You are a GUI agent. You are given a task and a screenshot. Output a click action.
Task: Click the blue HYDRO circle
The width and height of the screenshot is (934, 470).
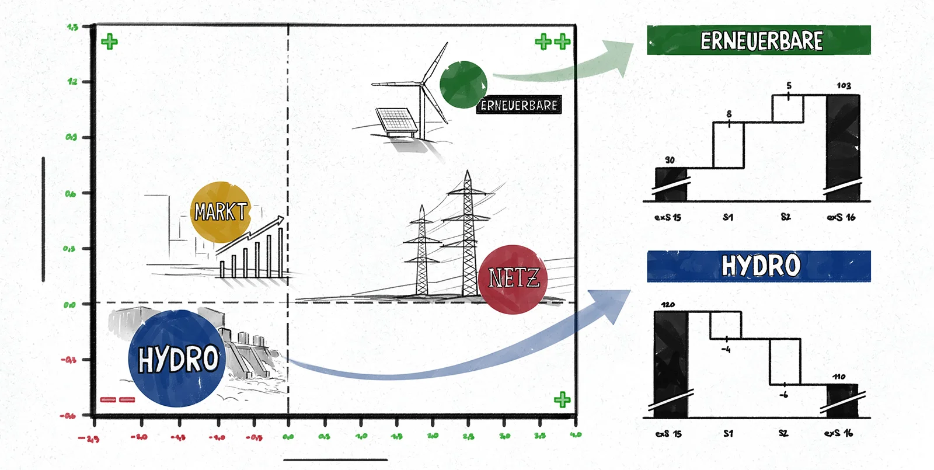click(x=176, y=358)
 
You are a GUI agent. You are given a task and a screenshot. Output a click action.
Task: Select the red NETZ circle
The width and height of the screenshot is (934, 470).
click(x=513, y=279)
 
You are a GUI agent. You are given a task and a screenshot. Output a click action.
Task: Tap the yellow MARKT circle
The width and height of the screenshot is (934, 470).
click(x=220, y=211)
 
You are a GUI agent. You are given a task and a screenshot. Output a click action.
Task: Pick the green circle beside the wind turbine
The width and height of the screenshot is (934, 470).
click(x=463, y=85)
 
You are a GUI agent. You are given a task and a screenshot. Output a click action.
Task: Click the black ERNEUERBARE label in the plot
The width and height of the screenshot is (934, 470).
click(x=519, y=105)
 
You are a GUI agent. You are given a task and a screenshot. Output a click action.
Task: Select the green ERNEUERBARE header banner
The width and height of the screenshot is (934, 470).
click(x=758, y=40)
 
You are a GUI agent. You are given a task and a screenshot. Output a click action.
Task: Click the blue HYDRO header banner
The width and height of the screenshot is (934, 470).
click(x=758, y=266)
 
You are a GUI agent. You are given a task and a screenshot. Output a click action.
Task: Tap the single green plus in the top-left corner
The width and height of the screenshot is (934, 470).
click(x=109, y=41)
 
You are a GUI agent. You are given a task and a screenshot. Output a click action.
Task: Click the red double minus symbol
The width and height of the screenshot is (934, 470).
click(x=117, y=399)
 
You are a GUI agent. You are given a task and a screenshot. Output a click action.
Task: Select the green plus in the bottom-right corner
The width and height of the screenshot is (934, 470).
click(x=562, y=399)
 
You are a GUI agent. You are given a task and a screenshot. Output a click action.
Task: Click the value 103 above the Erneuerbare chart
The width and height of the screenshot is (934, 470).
click(x=844, y=86)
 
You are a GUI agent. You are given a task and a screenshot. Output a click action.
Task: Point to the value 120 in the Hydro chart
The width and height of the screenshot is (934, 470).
click(x=668, y=305)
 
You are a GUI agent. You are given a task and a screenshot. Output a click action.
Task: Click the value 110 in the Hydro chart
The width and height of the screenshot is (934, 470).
click(x=839, y=377)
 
